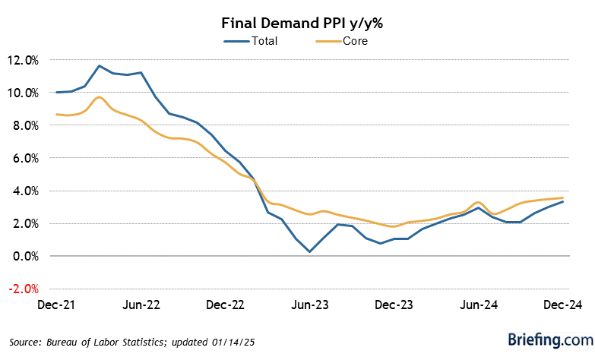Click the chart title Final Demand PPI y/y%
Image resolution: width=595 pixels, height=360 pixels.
pos(296,23)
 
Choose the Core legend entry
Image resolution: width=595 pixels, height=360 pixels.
pos(354,40)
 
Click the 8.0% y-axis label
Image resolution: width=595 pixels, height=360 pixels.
pos(26,125)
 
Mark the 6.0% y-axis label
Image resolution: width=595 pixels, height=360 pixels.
pos(26,158)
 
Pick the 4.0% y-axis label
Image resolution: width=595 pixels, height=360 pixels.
pos(26,191)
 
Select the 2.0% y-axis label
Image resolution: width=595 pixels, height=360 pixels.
pos(26,223)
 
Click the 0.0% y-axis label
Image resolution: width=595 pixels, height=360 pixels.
pos(26,256)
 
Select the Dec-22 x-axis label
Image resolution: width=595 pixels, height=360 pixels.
pos(225,305)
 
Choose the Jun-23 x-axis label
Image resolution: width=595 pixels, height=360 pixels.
pos(310,305)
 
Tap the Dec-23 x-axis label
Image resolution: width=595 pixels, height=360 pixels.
pos(395,305)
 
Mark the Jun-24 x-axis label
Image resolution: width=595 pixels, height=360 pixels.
pos(479,305)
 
